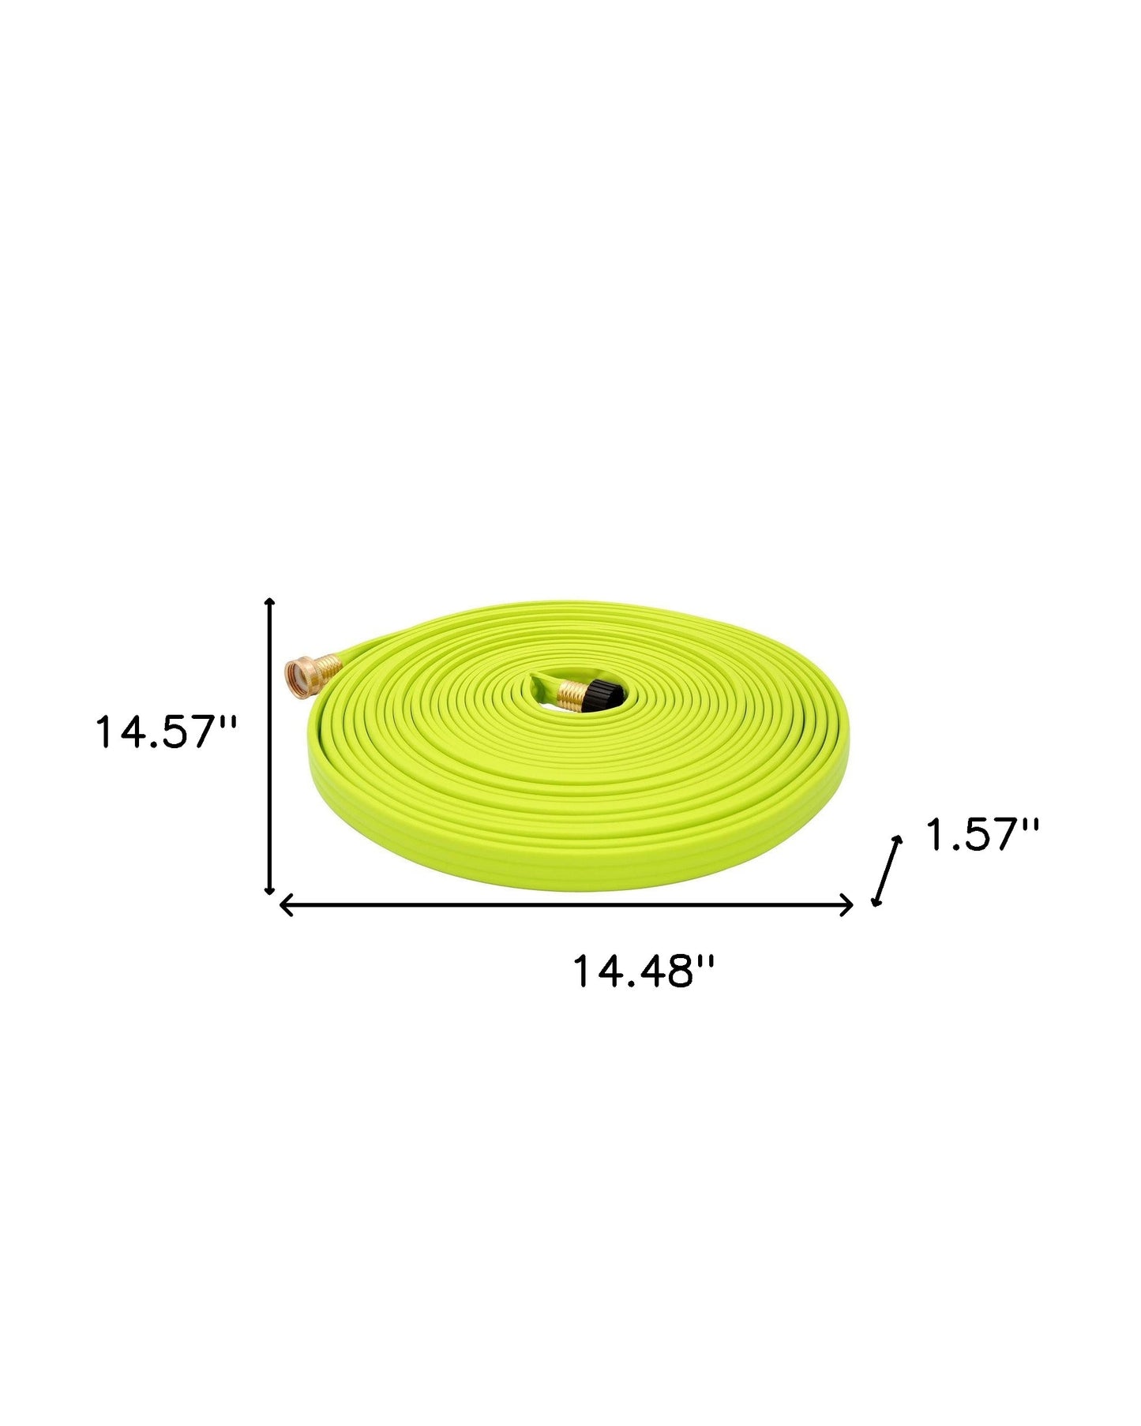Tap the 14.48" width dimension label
pos(643,971)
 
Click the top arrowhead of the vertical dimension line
pos(269,602)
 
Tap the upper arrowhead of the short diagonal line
pos(897,840)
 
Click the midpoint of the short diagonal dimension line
pos(885,870)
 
